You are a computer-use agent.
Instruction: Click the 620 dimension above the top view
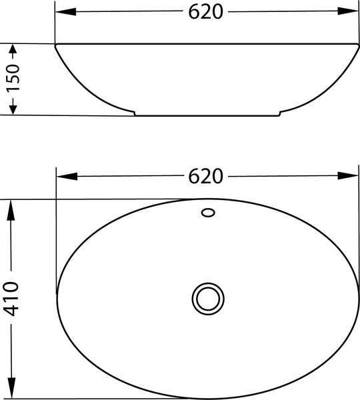pyautogui.click(x=205, y=176)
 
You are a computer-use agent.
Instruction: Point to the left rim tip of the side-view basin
pyautogui.click(x=56, y=45)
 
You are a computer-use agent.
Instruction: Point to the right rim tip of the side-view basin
pyautogui.click(x=358, y=45)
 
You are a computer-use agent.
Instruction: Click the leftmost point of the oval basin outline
pyautogui.click(x=57, y=297)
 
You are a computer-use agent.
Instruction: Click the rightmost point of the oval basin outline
pyautogui.click(x=357, y=297)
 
